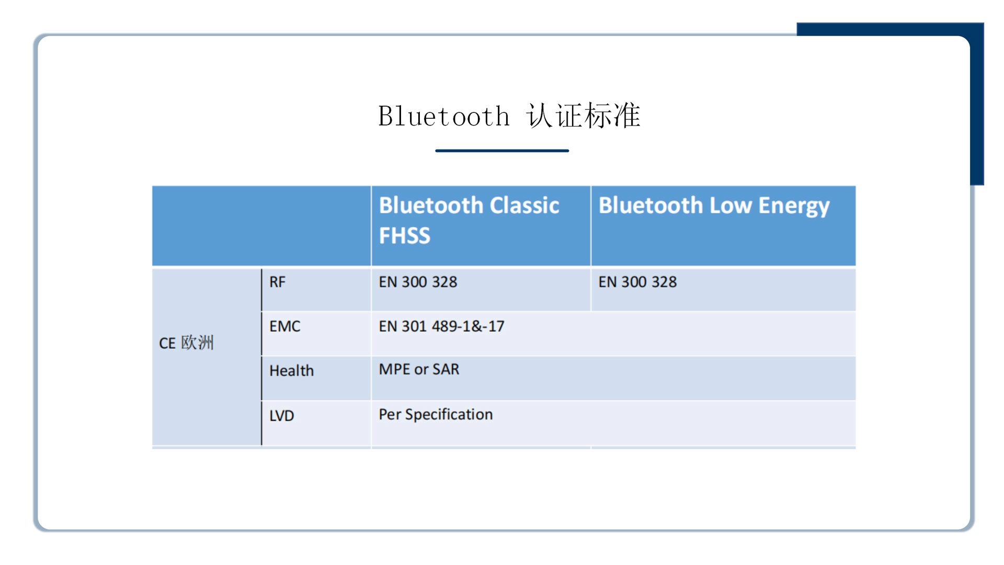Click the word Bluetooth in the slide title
tap(444, 116)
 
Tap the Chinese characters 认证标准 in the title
tap(584, 116)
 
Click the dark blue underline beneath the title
tap(502, 151)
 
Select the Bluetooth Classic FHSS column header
tap(469, 220)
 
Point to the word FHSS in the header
tap(405, 236)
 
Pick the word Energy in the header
tap(794, 206)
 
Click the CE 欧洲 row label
tap(186, 343)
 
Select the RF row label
tap(277, 282)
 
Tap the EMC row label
tap(285, 326)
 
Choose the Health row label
tap(292, 371)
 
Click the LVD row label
tap(282, 416)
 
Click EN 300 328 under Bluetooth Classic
tap(418, 282)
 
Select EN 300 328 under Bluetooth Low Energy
tap(637, 282)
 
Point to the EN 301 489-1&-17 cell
tap(442, 326)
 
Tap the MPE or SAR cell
tap(419, 369)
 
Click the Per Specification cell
tap(436, 414)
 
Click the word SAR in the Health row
tap(446, 369)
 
